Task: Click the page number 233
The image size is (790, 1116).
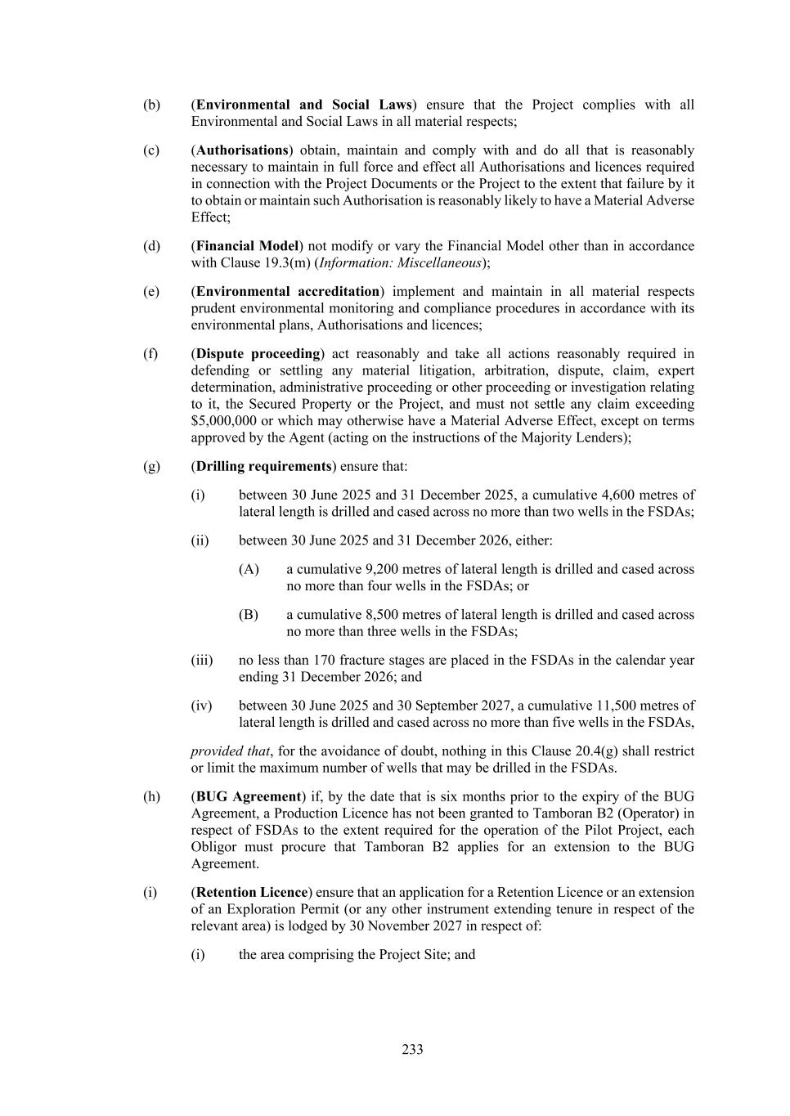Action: [x=412, y=1049]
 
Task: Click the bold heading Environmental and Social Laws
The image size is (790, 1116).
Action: [x=303, y=105]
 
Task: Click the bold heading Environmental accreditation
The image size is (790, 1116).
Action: [x=288, y=292]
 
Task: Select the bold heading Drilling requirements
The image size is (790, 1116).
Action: [x=263, y=466]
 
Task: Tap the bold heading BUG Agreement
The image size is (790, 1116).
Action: [x=249, y=797]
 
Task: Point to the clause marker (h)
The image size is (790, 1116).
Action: [x=152, y=797]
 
